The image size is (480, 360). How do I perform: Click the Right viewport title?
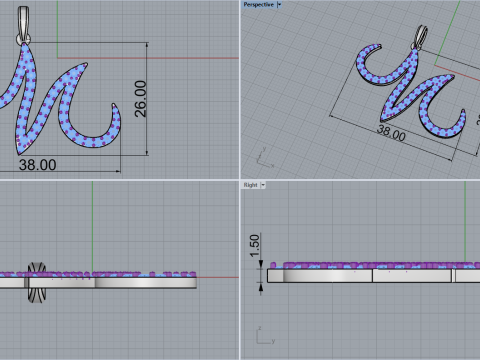pyautogui.click(x=250, y=185)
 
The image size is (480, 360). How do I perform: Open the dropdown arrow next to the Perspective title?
pyautogui.click(x=280, y=5)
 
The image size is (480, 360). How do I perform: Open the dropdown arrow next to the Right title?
pyautogui.click(x=263, y=185)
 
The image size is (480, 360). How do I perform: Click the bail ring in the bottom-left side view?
pyautogui.click(x=38, y=281)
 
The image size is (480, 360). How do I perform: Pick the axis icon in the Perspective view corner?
pyautogui.click(x=264, y=155)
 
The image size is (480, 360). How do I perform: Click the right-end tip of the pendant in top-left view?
pyautogui.click(x=118, y=115)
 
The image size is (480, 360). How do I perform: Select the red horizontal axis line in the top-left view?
pyautogui.click(x=190, y=57)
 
